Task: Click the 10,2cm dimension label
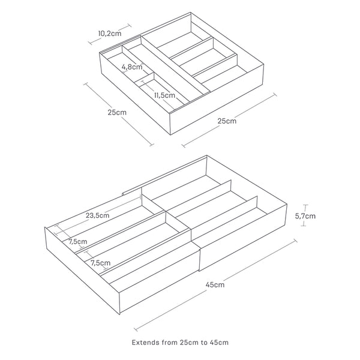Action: point(110,34)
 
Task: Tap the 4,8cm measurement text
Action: point(132,67)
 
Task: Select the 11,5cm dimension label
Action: point(164,95)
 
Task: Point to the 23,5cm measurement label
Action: point(98,215)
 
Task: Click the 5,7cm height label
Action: point(305,216)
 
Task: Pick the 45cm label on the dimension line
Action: point(215,285)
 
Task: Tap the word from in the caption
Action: point(170,343)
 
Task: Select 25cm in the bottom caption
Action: point(190,343)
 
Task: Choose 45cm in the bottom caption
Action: point(219,343)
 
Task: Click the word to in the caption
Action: point(204,343)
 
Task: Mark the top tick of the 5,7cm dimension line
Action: point(305,205)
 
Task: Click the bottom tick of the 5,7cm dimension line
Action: point(304,226)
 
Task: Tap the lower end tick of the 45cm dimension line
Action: point(136,329)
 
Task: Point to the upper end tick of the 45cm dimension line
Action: point(295,241)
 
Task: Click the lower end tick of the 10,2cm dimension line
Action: point(90,43)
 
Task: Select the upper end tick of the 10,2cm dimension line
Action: point(129,25)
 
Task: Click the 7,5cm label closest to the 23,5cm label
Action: point(78,242)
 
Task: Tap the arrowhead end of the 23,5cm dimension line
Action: point(140,197)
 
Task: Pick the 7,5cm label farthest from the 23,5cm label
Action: point(100,263)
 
